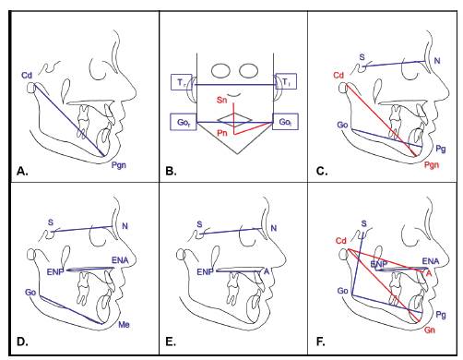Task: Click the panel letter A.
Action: click(22, 171)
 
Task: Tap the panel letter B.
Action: click(171, 171)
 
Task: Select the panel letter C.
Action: click(322, 171)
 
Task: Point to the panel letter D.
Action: click(22, 342)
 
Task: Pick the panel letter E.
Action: click(171, 342)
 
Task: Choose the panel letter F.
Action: click(320, 342)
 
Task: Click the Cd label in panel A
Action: click(27, 75)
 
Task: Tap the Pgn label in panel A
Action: click(119, 165)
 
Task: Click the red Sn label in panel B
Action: click(221, 100)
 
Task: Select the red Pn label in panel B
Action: click(222, 133)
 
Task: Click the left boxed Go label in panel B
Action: click(184, 122)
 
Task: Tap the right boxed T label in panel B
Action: click(286, 82)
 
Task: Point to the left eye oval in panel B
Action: click(220, 70)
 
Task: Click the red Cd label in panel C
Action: click(338, 75)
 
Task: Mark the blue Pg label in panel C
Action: click(441, 149)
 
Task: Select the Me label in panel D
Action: click(124, 324)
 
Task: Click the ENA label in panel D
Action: click(120, 260)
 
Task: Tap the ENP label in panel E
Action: click(205, 272)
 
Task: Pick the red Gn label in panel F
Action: click(430, 330)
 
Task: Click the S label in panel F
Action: click(364, 223)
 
